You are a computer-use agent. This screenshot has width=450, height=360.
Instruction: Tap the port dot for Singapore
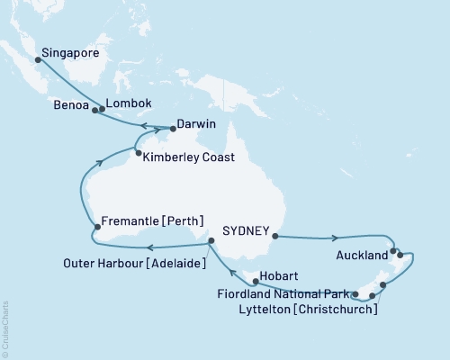pyautogui.click(x=37, y=61)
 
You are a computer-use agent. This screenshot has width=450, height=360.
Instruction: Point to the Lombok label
pyautogui.click(x=125, y=103)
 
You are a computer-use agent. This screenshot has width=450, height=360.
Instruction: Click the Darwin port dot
pyautogui.click(x=173, y=129)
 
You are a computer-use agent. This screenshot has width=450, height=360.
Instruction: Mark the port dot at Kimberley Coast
pyautogui.click(x=138, y=153)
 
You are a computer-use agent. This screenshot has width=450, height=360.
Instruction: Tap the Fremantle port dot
pyautogui.click(x=96, y=225)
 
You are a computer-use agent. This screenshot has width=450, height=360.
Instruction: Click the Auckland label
pyautogui.click(x=360, y=255)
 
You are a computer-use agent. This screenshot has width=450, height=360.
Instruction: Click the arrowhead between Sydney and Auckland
pyautogui.click(x=335, y=239)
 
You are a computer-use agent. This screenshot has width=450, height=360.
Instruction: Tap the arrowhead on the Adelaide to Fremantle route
pyautogui.click(x=150, y=247)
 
